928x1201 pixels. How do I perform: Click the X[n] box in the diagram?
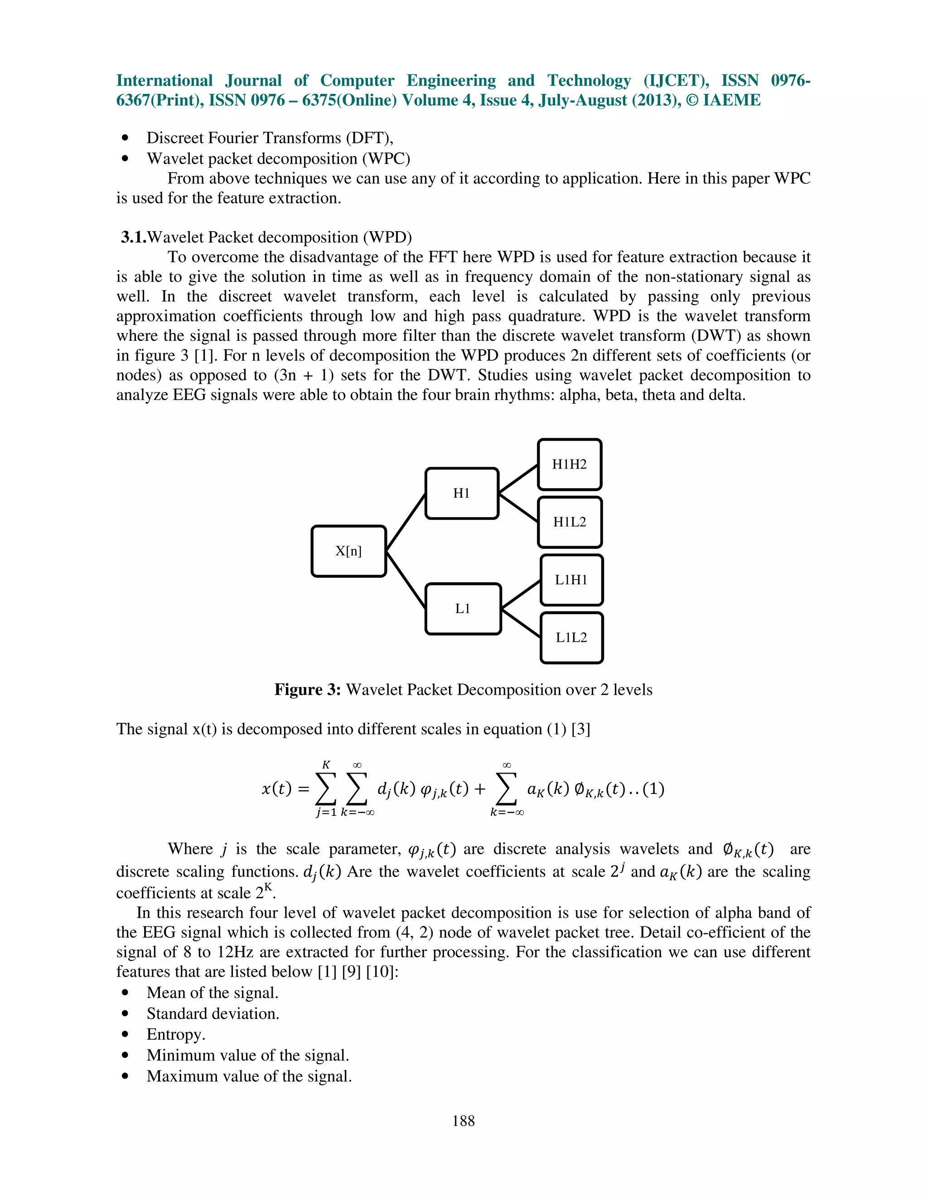click(348, 551)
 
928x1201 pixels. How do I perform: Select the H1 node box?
click(462, 493)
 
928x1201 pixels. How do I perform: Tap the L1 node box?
click(463, 609)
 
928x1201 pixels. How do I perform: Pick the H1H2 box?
click(570, 464)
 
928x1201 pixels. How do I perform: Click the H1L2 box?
click(570, 522)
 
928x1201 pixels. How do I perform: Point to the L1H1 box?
click(571, 580)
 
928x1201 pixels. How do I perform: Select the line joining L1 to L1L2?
click(521, 623)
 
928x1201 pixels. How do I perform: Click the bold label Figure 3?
click(307, 690)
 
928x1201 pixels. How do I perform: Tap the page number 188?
click(464, 1120)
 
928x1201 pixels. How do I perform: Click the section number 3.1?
click(134, 237)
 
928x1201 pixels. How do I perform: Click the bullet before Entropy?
click(126, 1034)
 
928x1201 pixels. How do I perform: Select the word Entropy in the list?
click(175, 1034)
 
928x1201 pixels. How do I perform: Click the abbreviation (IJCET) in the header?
click(676, 80)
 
